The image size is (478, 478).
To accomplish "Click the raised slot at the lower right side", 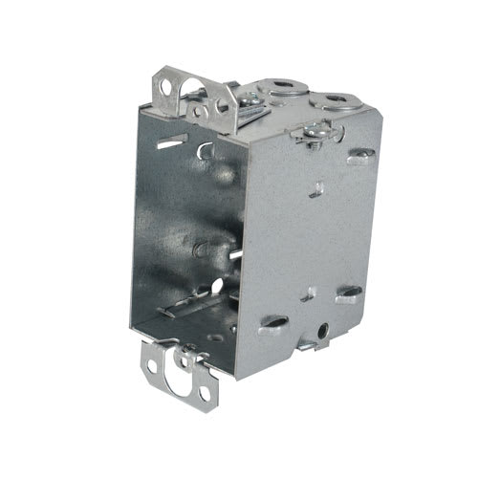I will [x=349, y=292].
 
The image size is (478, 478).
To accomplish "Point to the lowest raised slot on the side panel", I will [x=272, y=322].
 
